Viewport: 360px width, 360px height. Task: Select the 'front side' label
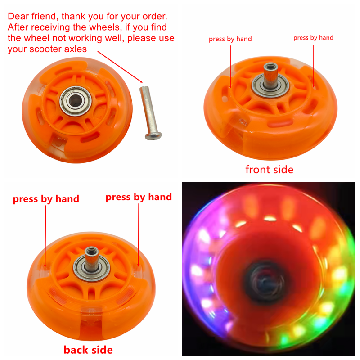(269, 169)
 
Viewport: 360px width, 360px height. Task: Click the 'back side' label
(88, 350)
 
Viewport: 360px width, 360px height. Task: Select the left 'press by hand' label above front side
(230, 39)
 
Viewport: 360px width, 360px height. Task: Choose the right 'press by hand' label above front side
(313, 38)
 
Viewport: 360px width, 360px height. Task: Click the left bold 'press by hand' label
(46, 199)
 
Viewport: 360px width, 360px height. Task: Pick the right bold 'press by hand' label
(139, 197)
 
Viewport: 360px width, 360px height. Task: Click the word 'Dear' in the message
(19, 17)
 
